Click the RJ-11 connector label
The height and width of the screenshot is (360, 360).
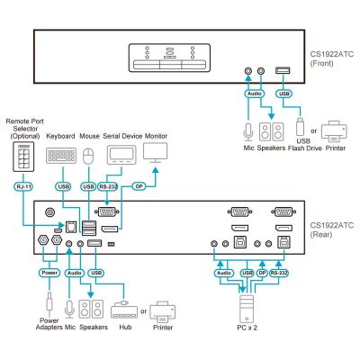point(23,186)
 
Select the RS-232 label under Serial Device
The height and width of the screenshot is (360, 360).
point(108,186)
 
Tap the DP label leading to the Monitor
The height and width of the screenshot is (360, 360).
point(139,186)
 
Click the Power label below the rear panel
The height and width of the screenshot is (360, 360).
point(49,273)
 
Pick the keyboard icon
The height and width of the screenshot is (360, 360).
point(61,156)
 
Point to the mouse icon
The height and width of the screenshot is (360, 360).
point(88,157)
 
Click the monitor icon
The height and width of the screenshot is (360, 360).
point(156,153)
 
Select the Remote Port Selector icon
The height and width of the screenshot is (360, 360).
point(23,157)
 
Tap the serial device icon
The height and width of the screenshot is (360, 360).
point(121,155)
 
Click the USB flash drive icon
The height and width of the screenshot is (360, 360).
point(300,126)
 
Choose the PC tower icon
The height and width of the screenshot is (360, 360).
point(247,309)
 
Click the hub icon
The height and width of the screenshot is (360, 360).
point(124,310)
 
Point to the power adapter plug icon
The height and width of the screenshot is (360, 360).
point(49,302)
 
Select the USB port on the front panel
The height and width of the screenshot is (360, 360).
point(283,71)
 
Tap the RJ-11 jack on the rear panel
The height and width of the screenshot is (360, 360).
point(71,227)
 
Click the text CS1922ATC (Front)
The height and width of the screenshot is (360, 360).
point(332,58)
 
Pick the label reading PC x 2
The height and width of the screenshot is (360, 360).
point(247,328)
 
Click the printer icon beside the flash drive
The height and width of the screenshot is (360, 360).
point(334,131)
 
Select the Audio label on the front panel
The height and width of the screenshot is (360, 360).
point(255,94)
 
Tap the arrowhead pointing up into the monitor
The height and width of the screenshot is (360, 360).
point(156,170)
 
